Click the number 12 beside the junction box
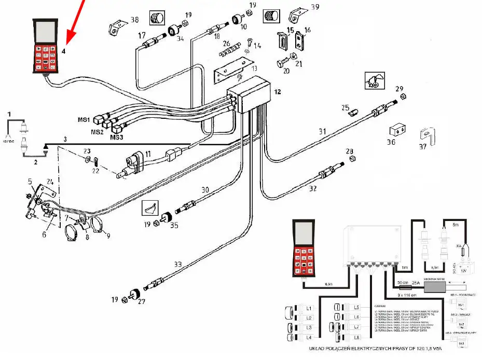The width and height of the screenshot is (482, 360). coord(278,92)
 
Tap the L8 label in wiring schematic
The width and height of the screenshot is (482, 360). coord(356,338)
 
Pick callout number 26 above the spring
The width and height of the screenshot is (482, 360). coord(226,44)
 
